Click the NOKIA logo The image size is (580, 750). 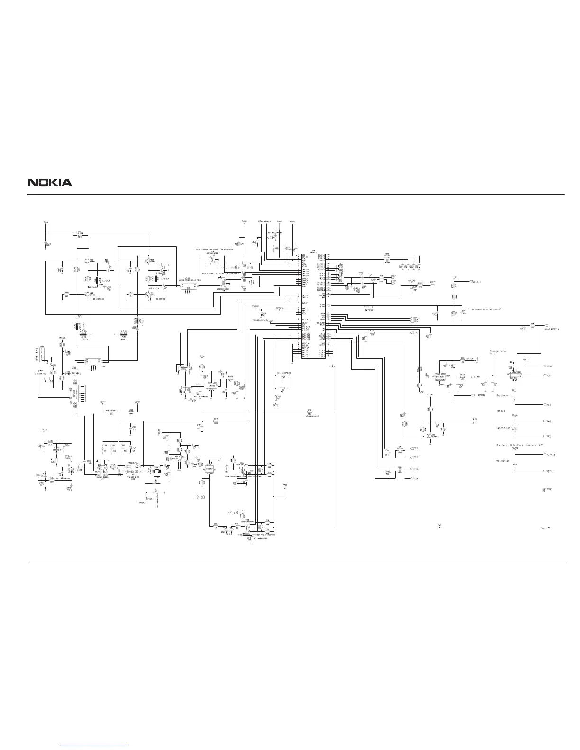(50, 182)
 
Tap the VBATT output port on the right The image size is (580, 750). (550, 366)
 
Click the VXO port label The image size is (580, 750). (548, 421)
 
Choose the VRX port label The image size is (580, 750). (548, 436)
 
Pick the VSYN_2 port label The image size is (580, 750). (550, 455)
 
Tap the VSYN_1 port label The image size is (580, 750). (550, 472)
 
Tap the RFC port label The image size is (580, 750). (475, 420)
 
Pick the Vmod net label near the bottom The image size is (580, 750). (285, 486)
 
